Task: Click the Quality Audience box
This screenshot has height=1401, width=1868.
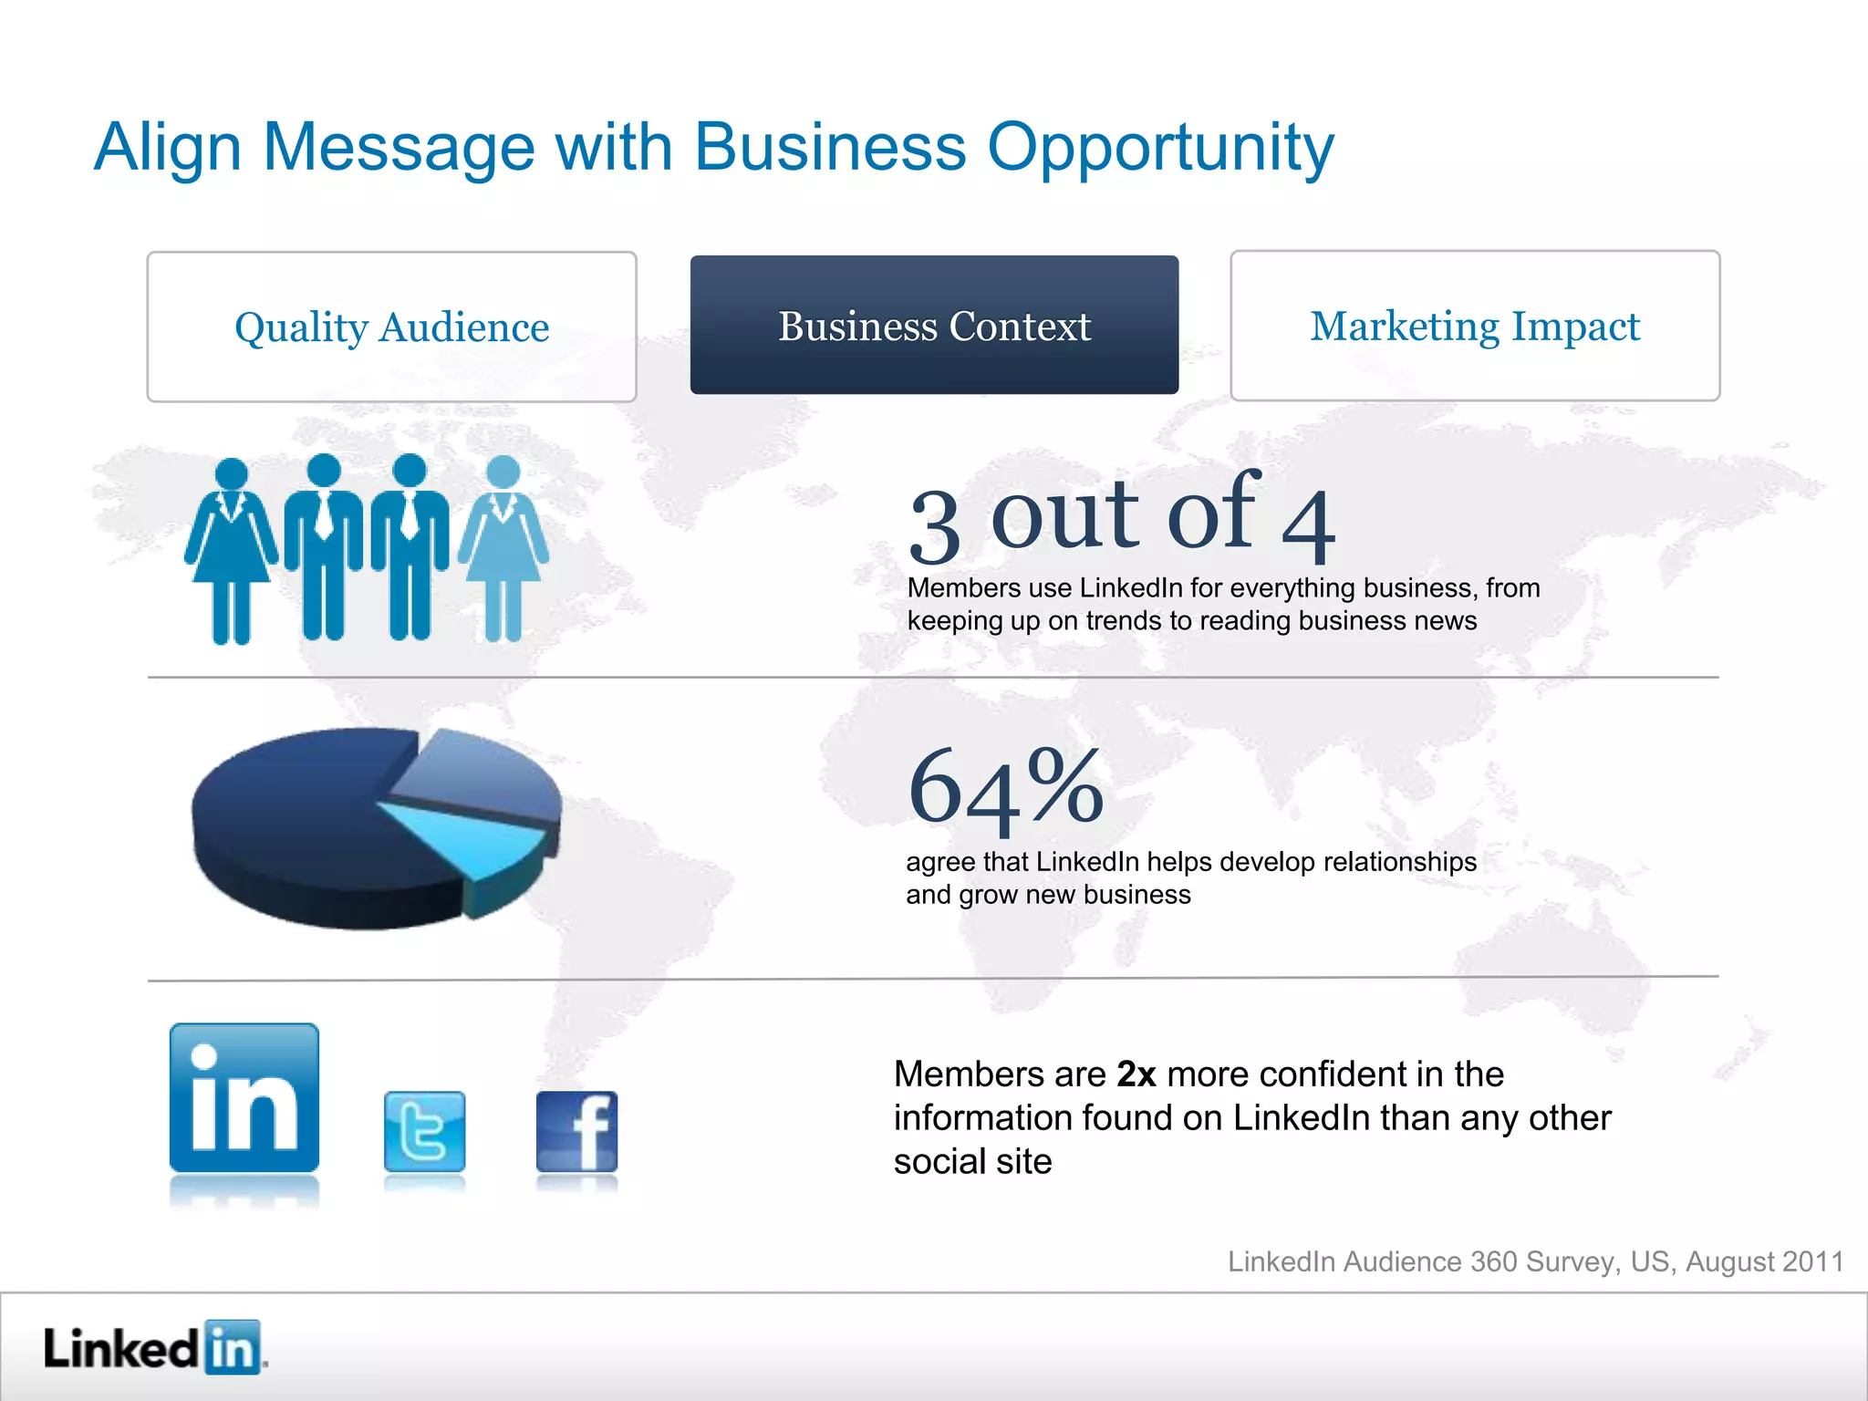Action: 391,327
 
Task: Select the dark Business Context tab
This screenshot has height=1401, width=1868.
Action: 934,325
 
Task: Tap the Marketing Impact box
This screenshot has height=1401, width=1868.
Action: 1475,326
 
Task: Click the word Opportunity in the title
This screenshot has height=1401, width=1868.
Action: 1160,148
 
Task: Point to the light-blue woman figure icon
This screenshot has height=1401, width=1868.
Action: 503,547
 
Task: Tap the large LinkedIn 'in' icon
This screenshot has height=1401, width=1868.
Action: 244,1097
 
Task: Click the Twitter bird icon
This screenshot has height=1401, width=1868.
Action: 424,1131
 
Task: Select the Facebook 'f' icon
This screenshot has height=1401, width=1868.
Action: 576,1131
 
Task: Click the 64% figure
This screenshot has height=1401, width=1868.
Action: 1005,786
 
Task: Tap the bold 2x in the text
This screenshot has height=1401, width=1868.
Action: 1136,1074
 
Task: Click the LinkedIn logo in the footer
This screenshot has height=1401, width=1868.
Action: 152,1347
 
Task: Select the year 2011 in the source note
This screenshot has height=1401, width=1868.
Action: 1812,1261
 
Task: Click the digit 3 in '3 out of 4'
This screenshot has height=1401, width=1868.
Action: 935,526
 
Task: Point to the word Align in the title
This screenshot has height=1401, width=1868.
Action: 167,148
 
